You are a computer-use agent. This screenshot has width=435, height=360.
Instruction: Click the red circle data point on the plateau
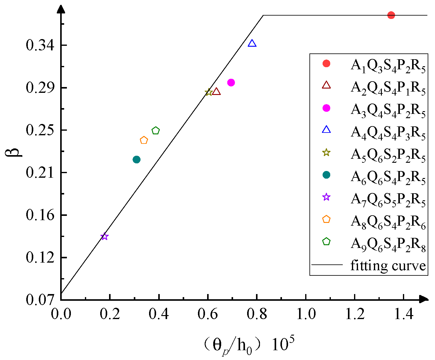391,15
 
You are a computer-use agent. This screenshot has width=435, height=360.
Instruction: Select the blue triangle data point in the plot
252,43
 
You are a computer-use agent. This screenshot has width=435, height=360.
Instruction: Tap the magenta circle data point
231,82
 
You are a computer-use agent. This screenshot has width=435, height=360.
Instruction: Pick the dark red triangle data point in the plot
216,92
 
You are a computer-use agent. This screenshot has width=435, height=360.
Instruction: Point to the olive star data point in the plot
209,92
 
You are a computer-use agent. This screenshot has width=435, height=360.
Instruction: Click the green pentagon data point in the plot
156,131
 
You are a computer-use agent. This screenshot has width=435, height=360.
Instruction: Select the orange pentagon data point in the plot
144,140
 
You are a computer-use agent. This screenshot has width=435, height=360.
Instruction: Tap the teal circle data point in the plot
137,159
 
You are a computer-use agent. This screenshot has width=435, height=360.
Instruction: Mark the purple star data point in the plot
104,236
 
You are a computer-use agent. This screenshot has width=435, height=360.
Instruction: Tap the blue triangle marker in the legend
327,130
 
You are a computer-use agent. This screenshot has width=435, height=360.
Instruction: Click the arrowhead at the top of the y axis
61,8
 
